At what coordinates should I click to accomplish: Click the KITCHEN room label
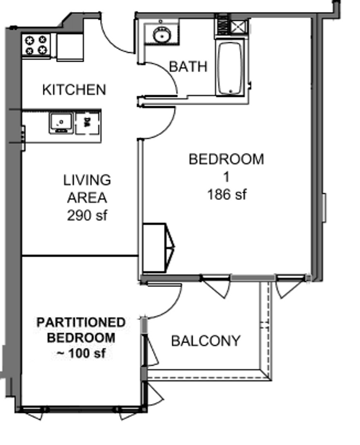click(74, 89)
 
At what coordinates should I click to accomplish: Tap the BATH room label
click(188, 67)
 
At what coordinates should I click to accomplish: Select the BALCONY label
click(206, 341)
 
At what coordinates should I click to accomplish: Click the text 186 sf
click(227, 194)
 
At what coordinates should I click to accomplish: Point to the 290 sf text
click(87, 215)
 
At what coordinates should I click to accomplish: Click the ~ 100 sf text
click(81, 353)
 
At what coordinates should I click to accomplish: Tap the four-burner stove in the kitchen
click(36, 45)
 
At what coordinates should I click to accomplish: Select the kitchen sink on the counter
click(61, 122)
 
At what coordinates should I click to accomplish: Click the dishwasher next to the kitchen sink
click(87, 122)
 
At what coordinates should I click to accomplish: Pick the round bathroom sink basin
click(161, 35)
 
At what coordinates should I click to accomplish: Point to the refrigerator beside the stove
click(70, 47)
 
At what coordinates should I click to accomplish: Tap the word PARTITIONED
click(81, 322)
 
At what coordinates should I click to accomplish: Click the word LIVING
click(87, 180)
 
